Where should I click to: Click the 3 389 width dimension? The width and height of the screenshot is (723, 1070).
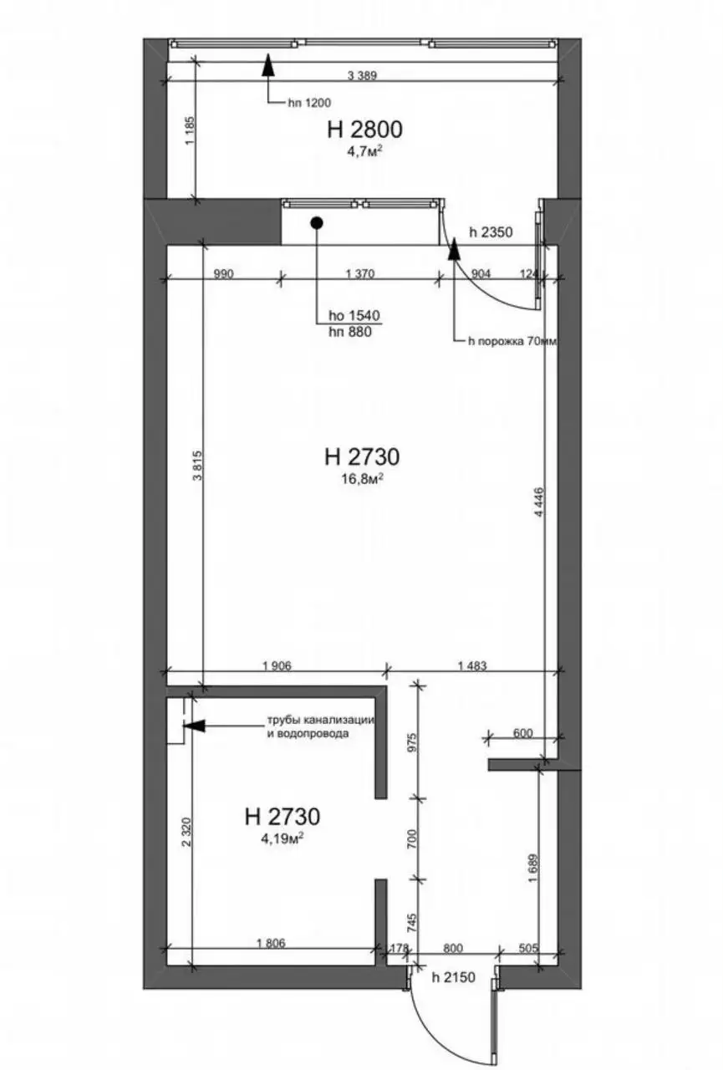361,75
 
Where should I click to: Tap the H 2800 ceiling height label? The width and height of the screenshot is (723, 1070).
364,130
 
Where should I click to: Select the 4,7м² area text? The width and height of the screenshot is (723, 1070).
365,152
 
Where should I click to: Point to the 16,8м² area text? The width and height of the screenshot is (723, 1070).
363,479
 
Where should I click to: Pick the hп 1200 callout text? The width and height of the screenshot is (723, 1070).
309,103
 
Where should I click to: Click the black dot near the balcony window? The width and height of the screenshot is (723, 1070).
317,222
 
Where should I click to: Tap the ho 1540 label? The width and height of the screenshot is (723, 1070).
354,315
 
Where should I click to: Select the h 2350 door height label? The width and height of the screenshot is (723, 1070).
491,232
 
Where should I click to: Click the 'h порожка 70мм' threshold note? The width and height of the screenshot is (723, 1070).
512,342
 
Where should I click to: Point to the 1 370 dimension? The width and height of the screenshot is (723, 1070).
360,273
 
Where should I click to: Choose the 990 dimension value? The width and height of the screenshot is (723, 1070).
223,273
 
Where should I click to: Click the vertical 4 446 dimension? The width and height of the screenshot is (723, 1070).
539,502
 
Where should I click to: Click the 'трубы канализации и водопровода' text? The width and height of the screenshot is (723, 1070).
320,726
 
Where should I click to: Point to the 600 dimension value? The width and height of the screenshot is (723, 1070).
522,732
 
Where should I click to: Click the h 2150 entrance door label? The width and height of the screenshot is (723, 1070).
453,977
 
